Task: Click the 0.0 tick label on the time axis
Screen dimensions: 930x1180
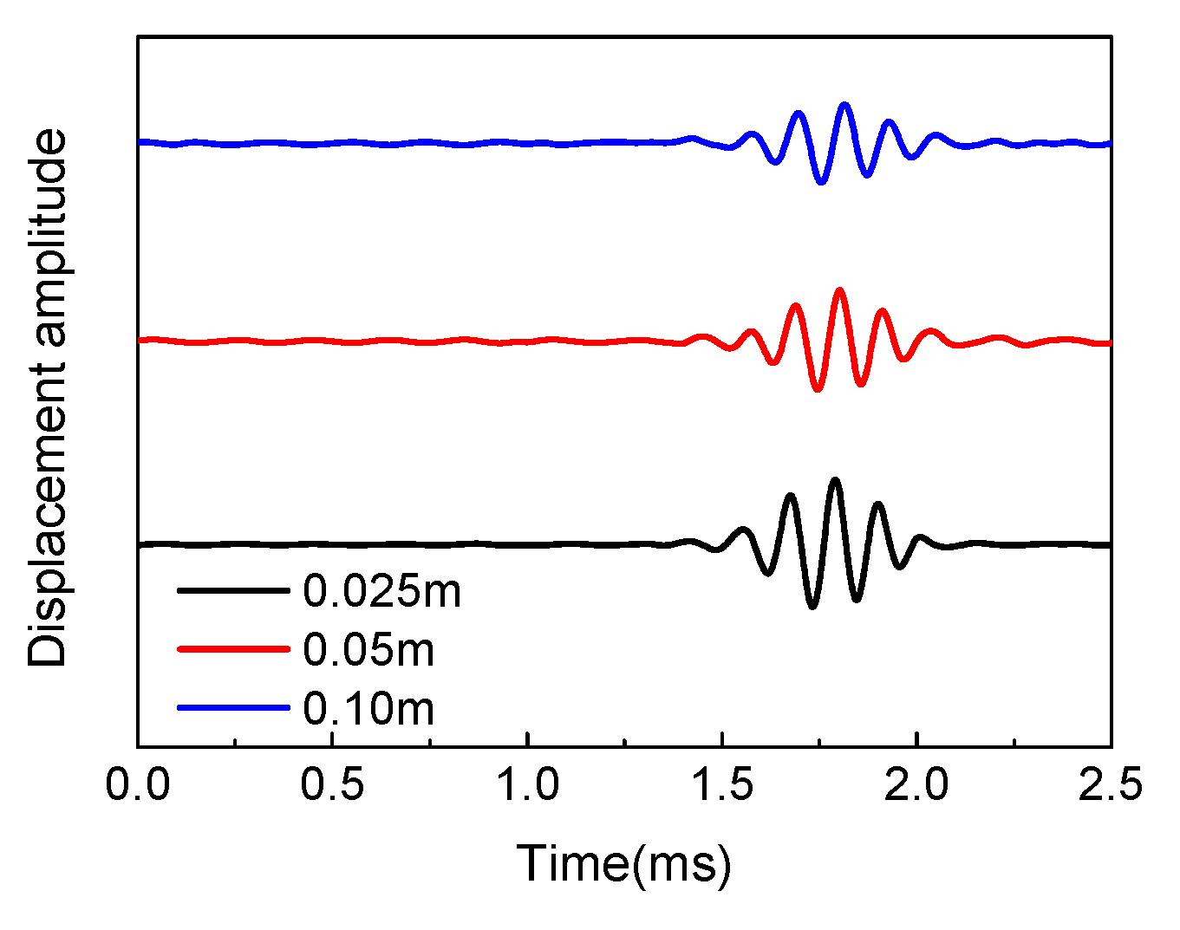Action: tap(138, 785)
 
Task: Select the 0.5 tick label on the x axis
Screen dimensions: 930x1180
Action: tap(332, 785)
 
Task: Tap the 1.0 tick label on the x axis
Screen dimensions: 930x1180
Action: tap(527, 785)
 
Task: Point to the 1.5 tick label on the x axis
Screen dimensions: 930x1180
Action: tap(721, 785)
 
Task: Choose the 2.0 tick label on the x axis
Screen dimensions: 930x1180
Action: tap(916, 785)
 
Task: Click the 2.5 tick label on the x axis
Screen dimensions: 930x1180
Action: tap(1110, 785)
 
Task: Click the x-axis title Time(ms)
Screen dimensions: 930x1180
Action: tap(623, 864)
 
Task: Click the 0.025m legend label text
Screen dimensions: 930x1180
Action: tap(381, 591)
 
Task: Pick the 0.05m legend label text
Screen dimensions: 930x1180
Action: tap(368, 649)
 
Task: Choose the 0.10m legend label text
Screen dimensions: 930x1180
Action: tap(368, 708)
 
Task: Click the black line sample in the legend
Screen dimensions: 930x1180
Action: tap(232, 590)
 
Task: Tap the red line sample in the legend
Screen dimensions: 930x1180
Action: tap(232, 648)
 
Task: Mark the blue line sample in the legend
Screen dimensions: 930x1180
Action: tap(232, 707)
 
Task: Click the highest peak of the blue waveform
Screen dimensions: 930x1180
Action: tap(844, 105)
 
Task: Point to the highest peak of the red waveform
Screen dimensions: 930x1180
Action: tap(838, 290)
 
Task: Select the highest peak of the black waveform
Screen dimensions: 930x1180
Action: tap(835, 479)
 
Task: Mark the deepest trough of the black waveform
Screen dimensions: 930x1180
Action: tap(812, 607)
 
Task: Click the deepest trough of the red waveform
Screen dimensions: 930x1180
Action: tap(817, 390)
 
